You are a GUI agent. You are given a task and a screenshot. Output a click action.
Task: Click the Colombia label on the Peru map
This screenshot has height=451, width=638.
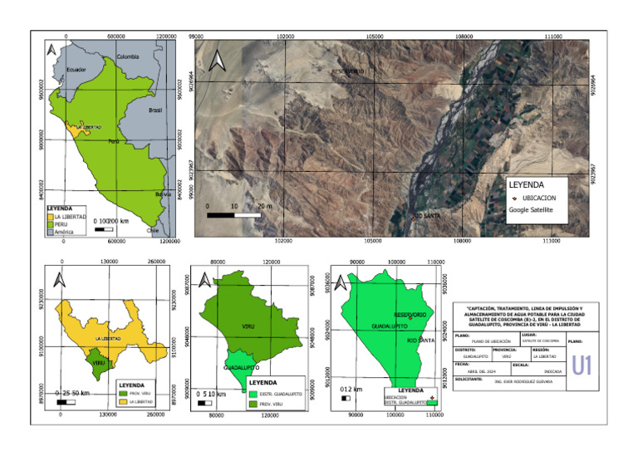[127, 56]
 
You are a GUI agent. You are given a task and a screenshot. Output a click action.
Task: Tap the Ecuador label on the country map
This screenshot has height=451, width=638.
[76, 69]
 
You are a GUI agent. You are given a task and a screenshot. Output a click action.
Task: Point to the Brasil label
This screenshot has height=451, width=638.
[155, 110]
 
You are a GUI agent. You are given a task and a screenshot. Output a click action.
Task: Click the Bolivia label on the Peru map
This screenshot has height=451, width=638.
[163, 194]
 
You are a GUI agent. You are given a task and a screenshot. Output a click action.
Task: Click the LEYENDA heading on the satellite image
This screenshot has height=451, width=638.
[526, 184]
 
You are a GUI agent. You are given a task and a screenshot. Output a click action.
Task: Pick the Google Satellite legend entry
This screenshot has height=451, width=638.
[531, 211]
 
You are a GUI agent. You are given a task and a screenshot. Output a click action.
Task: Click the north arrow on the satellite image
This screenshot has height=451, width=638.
[216, 61]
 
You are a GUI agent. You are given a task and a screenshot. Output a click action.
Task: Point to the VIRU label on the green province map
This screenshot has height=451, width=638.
[248, 326]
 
